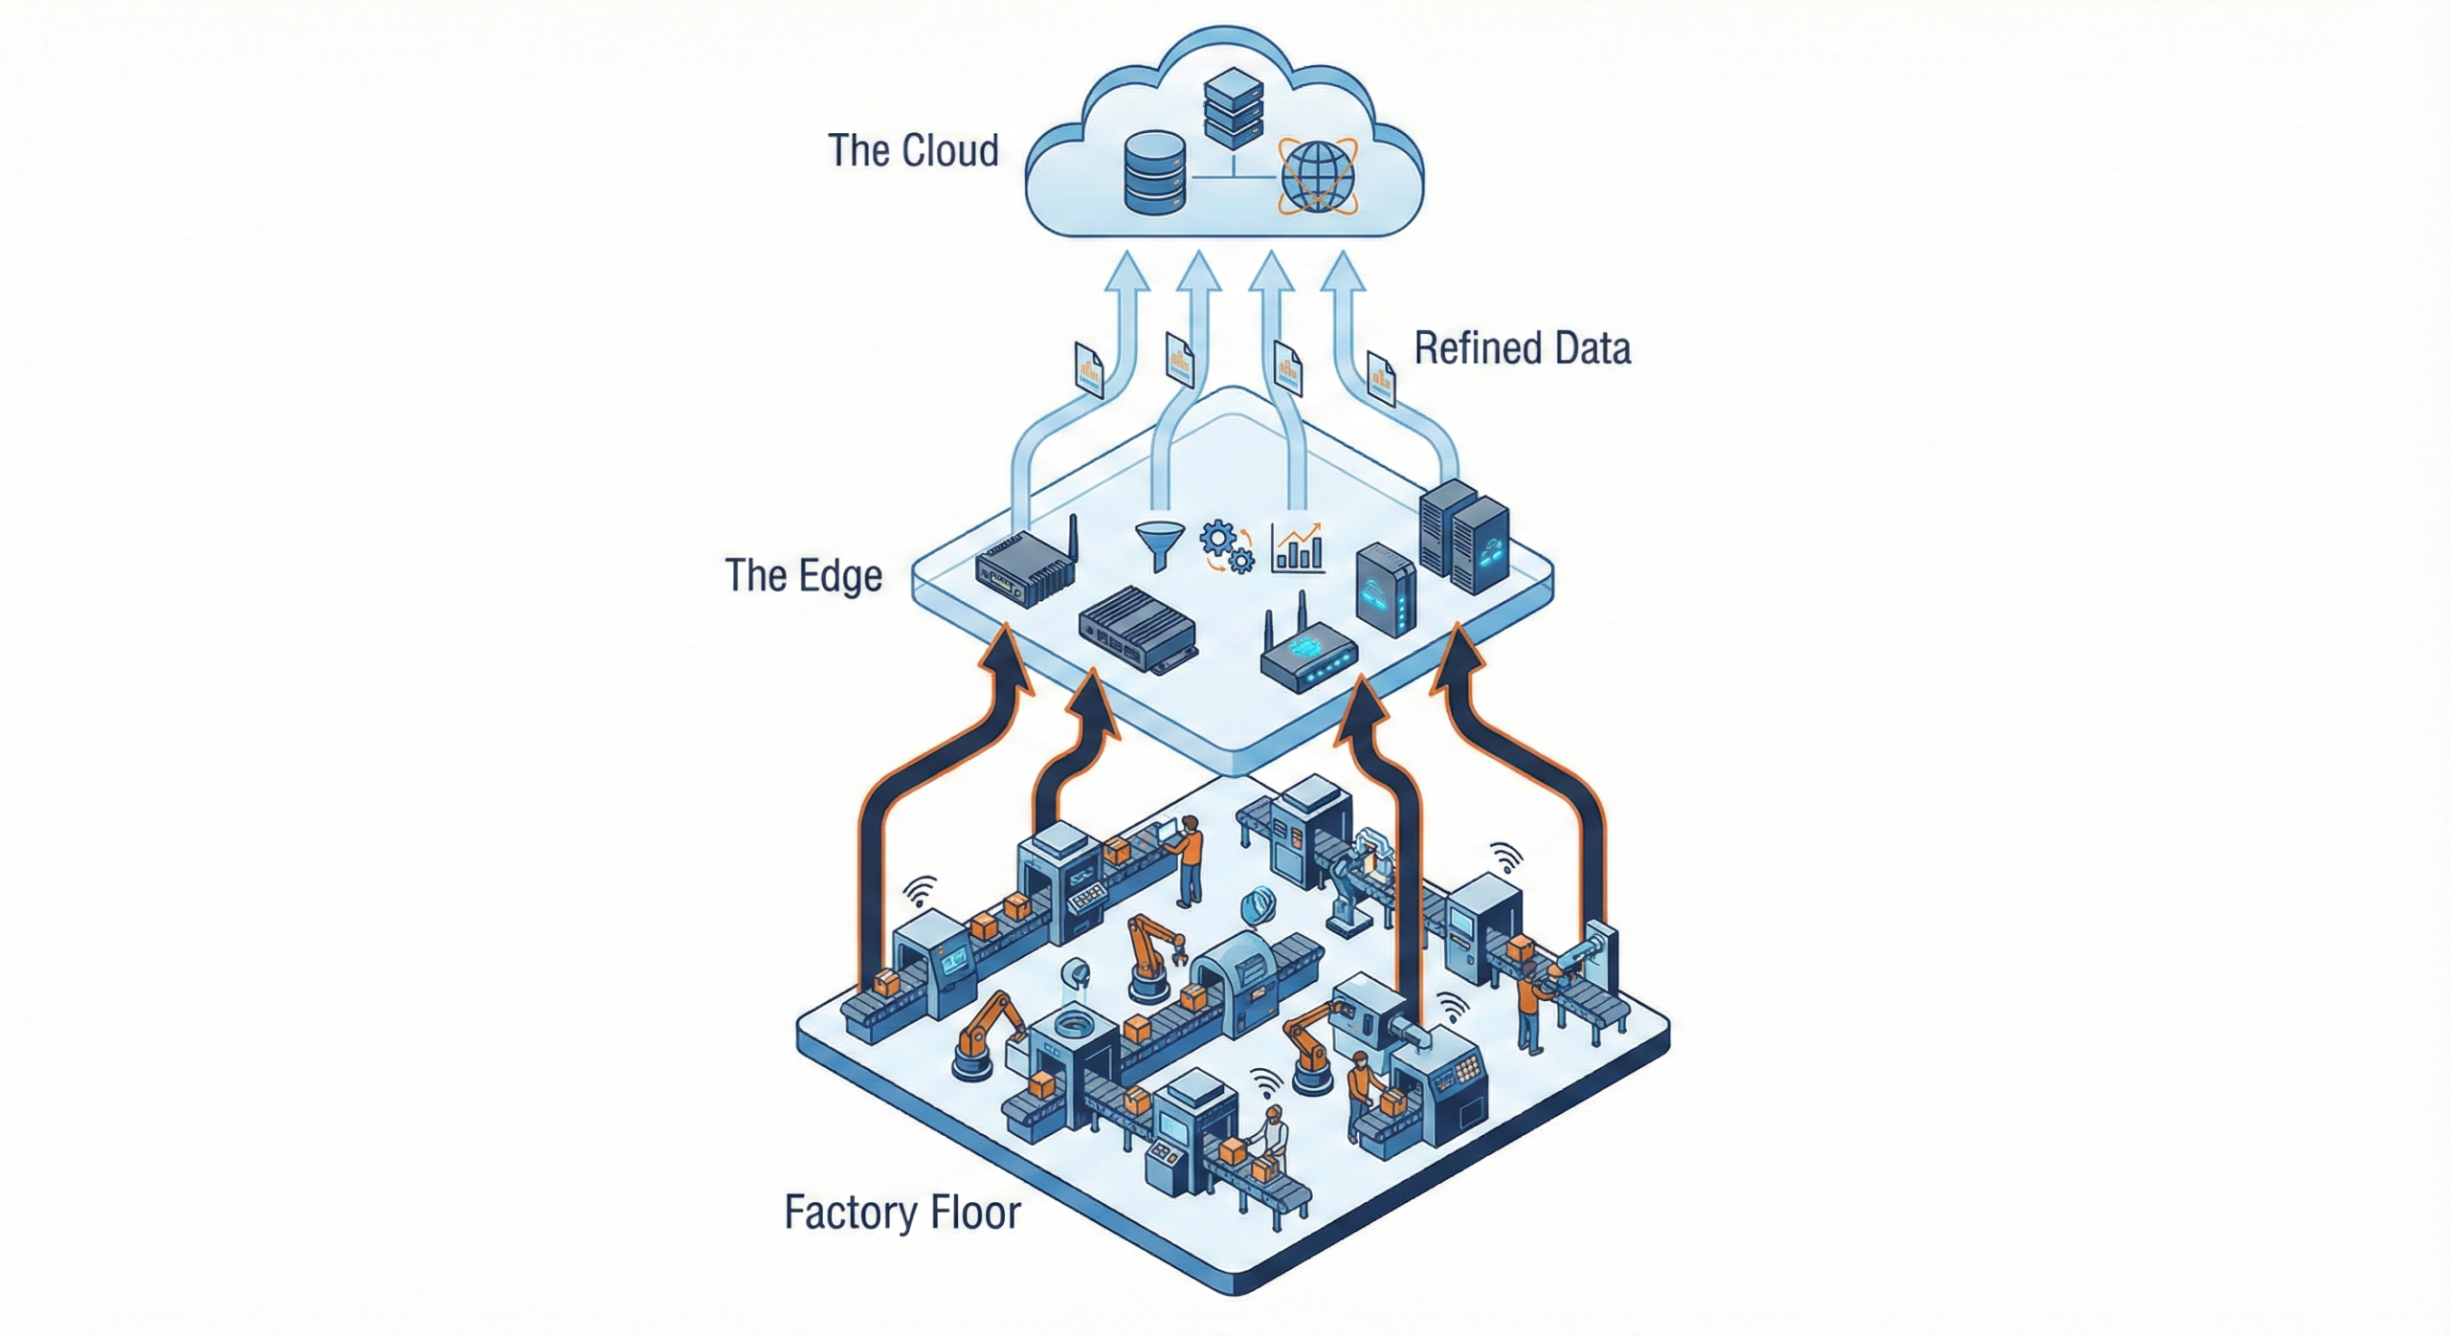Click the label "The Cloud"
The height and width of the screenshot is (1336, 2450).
coord(913,151)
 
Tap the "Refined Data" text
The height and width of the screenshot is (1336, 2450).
coord(1522,348)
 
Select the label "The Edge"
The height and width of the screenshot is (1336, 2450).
coord(803,575)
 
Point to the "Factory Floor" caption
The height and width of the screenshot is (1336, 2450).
coord(902,1213)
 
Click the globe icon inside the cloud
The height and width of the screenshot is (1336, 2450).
coord(1318,177)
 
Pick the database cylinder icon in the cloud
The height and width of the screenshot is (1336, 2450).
coord(1155,172)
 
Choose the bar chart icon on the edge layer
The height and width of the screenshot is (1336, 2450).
coord(1298,548)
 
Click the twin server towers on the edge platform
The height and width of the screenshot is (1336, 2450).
coord(1463,536)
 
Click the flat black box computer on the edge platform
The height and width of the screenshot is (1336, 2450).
coord(1138,629)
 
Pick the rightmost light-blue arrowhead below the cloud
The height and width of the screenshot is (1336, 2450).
coord(1343,269)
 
